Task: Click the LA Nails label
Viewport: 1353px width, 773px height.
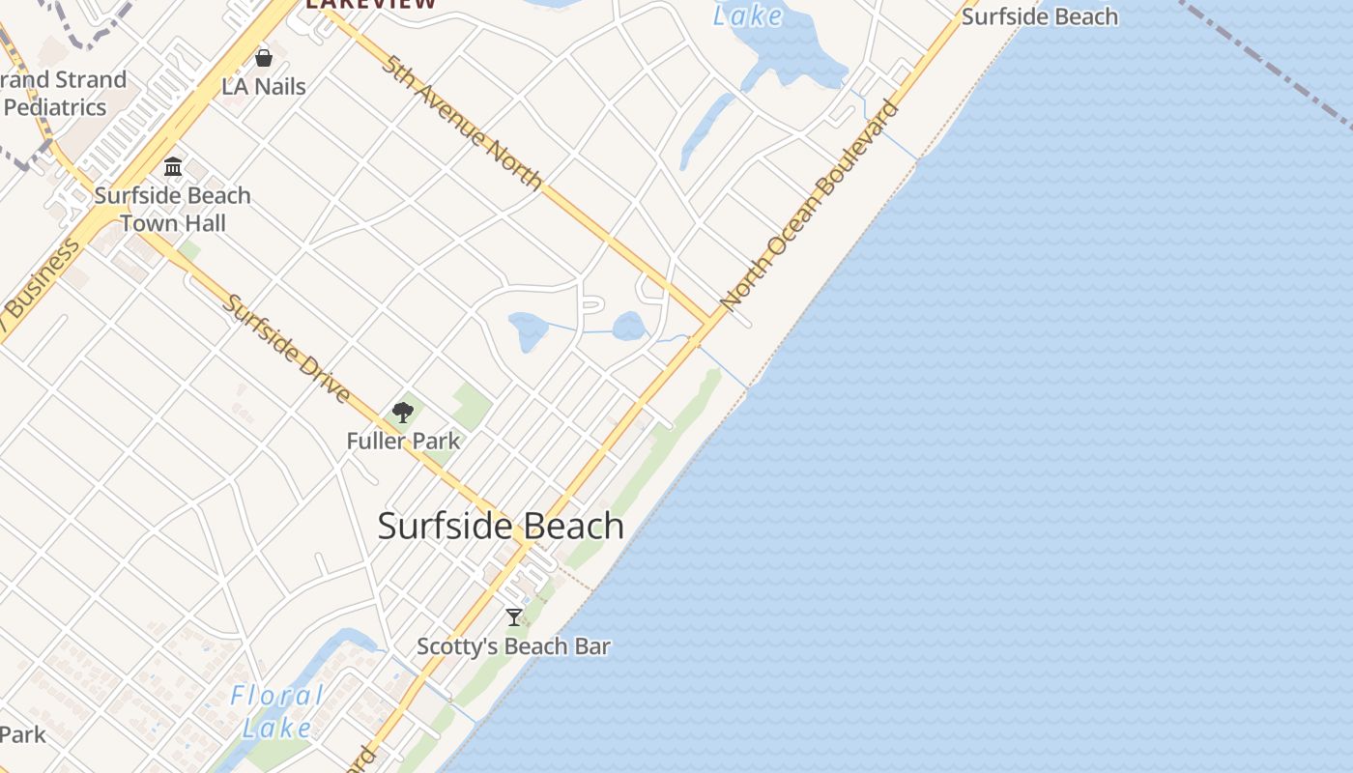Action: pyautogui.click(x=264, y=87)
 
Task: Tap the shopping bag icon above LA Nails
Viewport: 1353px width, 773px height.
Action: pyautogui.click(x=264, y=59)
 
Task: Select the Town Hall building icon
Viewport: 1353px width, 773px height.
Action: pyautogui.click(x=173, y=166)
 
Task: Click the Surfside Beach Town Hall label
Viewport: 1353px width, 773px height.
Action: pyautogui.click(x=173, y=209)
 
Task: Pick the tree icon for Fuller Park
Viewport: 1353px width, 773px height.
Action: pyautogui.click(x=403, y=414)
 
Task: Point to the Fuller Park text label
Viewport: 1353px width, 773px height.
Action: pyautogui.click(x=403, y=442)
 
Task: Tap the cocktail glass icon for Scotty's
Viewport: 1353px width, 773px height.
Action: pyautogui.click(x=514, y=617)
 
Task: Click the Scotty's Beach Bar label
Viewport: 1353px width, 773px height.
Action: pyautogui.click(x=513, y=646)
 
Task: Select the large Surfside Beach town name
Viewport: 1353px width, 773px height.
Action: pyautogui.click(x=501, y=527)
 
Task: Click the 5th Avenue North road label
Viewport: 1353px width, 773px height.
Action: pyautogui.click(x=462, y=123)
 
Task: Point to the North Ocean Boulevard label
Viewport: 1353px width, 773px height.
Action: pyautogui.click(x=810, y=206)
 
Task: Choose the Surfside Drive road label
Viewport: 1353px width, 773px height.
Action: pyautogui.click(x=285, y=348)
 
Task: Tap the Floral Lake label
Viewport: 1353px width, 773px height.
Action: pyautogui.click(x=277, y=710)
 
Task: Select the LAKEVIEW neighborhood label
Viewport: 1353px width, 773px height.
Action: pyautogui.click(x=371, y=4)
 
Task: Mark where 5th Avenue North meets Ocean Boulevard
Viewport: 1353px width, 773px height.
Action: pyautogui.click(x=711, y=321)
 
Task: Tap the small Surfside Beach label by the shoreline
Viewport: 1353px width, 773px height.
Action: pyautogui.click(x=1040, y=16)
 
